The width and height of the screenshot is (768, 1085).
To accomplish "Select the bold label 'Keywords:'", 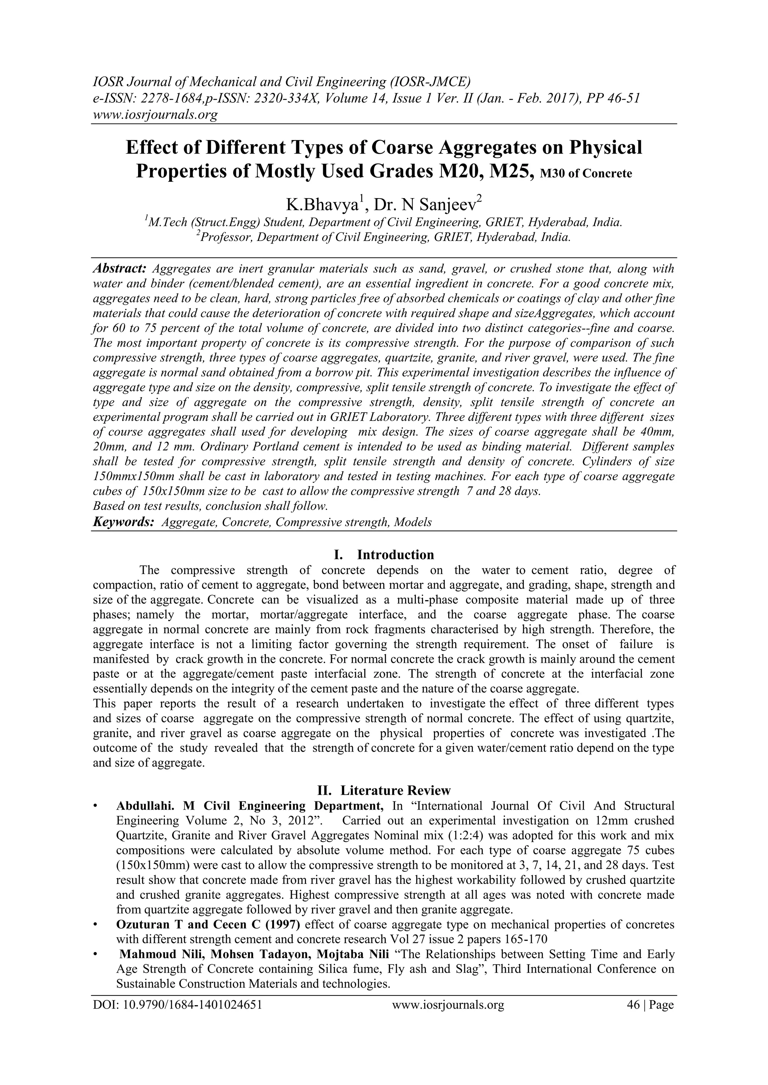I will pyautogui.click(x=123, y=522).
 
